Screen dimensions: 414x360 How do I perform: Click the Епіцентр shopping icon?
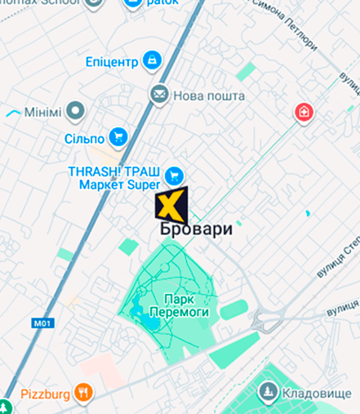click(152, 60)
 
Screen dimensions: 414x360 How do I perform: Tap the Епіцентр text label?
click(112, 62)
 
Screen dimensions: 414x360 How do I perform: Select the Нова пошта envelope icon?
click(159, 95)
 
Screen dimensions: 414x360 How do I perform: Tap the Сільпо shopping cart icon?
click(119, 137)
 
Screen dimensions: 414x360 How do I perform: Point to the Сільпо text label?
click(85, 139)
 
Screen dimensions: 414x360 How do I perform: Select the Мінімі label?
click(42, 111)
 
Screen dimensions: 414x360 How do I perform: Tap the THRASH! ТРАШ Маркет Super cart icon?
click(173, 176)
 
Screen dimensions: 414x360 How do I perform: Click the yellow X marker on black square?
click(171, 204)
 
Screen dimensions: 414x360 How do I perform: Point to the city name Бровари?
click(197, 229)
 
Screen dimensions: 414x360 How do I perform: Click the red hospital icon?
click(304, 112)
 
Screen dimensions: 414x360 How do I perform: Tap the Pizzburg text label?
click(45, 394)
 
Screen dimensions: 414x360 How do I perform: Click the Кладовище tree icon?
click(267, 393)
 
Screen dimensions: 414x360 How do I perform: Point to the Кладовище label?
click(317, 394)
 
